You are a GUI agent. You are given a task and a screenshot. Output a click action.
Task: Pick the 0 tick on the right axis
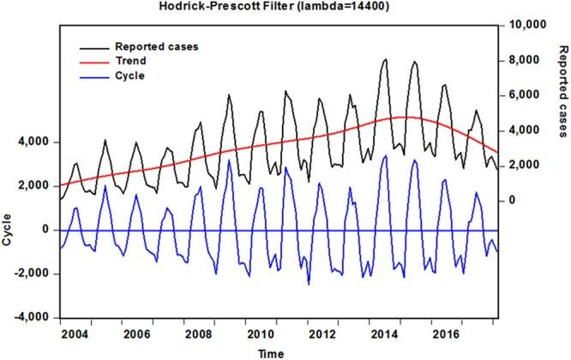pos(512,201)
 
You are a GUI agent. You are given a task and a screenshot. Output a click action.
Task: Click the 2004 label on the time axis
pos(75,333)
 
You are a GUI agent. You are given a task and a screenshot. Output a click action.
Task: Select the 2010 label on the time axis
pos(260,333)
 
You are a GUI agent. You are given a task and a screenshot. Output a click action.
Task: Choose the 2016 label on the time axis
pos(445,333)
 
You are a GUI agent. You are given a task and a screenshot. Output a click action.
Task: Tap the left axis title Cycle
pos(8,230)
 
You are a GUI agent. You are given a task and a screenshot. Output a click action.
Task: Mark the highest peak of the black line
pos(385,59)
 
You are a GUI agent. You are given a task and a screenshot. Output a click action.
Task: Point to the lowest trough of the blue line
pos(309,284)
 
